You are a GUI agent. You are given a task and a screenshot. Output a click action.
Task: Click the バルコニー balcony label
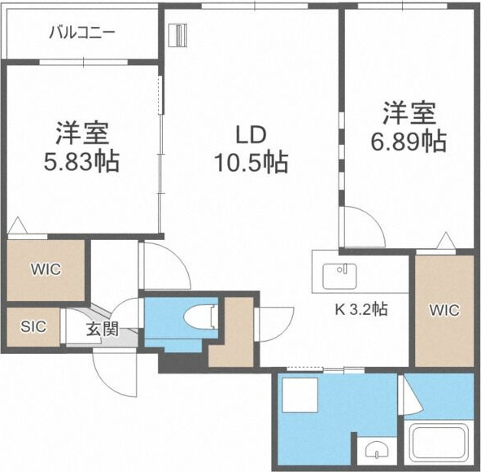82,33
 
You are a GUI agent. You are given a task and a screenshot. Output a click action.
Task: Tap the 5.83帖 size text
81,162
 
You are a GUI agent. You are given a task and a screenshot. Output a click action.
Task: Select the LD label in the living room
251,136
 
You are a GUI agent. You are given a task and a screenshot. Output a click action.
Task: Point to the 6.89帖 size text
409,142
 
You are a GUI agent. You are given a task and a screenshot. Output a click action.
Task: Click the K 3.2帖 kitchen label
361,309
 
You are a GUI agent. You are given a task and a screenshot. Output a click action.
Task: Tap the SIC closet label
33,327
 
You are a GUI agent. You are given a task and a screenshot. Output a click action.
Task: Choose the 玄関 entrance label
103,330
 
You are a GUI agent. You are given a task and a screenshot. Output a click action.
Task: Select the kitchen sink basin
339,276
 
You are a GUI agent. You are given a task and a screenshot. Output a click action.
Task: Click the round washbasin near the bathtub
376,450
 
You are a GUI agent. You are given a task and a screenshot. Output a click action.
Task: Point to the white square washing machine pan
300,395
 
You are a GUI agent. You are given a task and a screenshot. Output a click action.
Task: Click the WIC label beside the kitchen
444,310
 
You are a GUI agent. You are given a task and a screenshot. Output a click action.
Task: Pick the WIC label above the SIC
46,269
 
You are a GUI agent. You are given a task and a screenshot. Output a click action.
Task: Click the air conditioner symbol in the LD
177,36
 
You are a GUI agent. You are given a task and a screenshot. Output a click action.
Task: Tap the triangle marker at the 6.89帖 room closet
446,241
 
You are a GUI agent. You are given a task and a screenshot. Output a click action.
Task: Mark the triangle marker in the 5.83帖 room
18,225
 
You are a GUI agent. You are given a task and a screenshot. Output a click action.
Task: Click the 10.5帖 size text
251,162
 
